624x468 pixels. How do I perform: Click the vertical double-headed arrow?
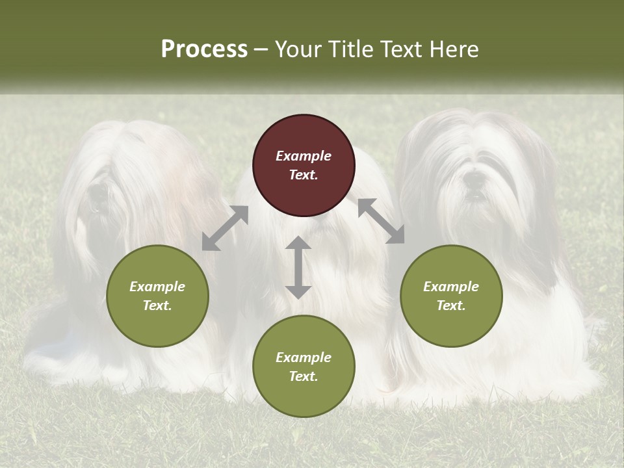pyautogui.click(x=298, y=267)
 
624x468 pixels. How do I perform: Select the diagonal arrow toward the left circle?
pyautogui.click(x=225, y=228)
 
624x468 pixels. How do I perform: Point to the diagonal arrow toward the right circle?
pyautogui.click(x=381, y=221)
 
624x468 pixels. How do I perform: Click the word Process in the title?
pyautogui.click(x=204, y=49)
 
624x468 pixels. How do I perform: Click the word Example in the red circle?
pyautogui.click(x=304, y=156)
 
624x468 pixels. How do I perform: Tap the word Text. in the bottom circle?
pyautogui.click(x=304, y=376)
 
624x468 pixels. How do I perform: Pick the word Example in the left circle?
pyautogui.click(x=157, y=287)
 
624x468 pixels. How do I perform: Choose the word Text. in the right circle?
pyautogui.click(x=451, y=305)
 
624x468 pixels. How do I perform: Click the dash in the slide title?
pyautogui.click(x=261, y=50)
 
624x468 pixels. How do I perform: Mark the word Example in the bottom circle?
pyautogui.click(x=304, y=357)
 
